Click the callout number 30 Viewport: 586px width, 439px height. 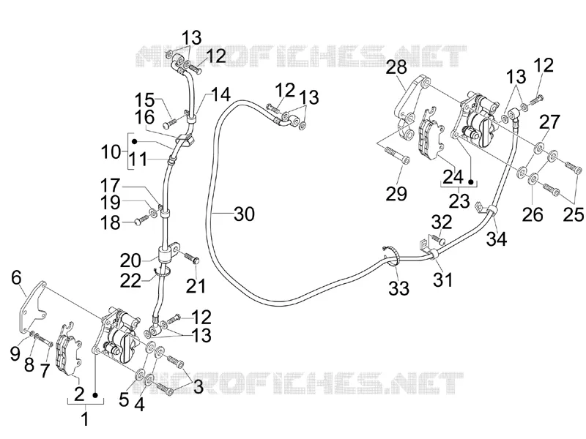pos(244,214)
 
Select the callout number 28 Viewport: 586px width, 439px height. pos(396,67)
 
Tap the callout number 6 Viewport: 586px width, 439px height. pos(16,277)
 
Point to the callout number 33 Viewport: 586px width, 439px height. pos(398,288)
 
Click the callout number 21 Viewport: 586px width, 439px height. pos(196,286)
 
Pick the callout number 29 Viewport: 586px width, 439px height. pos(396,194)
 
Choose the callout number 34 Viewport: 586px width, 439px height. pos(497,239)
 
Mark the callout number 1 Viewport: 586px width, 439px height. pos(85,419)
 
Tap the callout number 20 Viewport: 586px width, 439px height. pos(130,260)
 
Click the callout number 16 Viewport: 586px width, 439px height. pos(144,118)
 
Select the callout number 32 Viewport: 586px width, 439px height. pos(442,222)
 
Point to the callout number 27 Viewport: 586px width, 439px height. pos(550,122)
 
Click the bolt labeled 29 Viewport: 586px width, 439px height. pos(397,155)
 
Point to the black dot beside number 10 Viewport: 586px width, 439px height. pos(135,141)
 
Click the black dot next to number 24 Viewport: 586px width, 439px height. pos(471,181)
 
